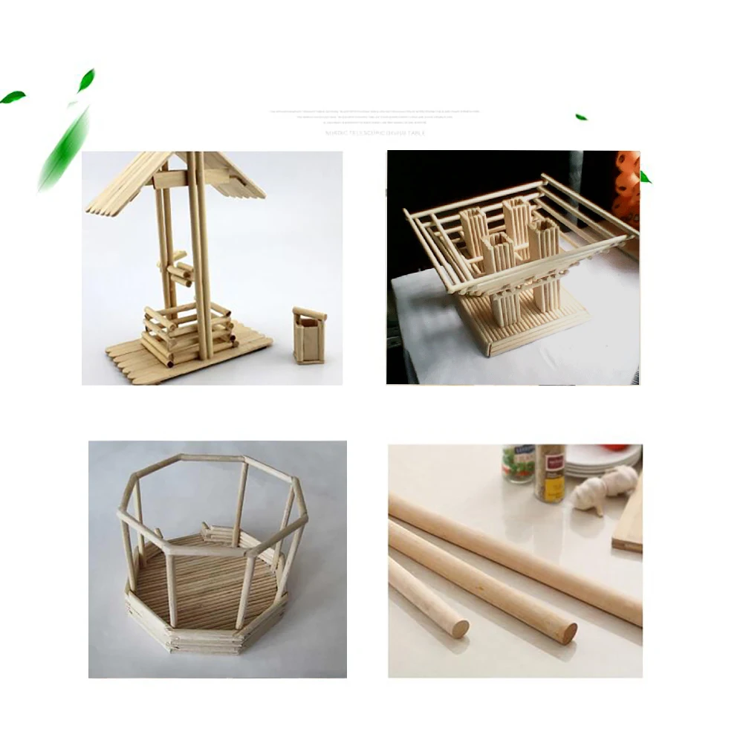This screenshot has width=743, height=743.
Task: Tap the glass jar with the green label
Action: click(x=519, y=464)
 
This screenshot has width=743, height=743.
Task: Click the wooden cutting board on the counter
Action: click(x=629, y=520)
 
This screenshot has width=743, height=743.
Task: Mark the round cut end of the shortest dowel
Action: click(x=459, y=629)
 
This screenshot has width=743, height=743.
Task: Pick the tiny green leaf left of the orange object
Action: click(x=581, y=117)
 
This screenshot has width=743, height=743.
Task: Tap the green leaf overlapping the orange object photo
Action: click(x=645, y=177)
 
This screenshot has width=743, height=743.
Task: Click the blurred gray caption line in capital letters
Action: click(x=374, y=133)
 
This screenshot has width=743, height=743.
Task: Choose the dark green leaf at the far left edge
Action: click(x=13, y=97)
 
